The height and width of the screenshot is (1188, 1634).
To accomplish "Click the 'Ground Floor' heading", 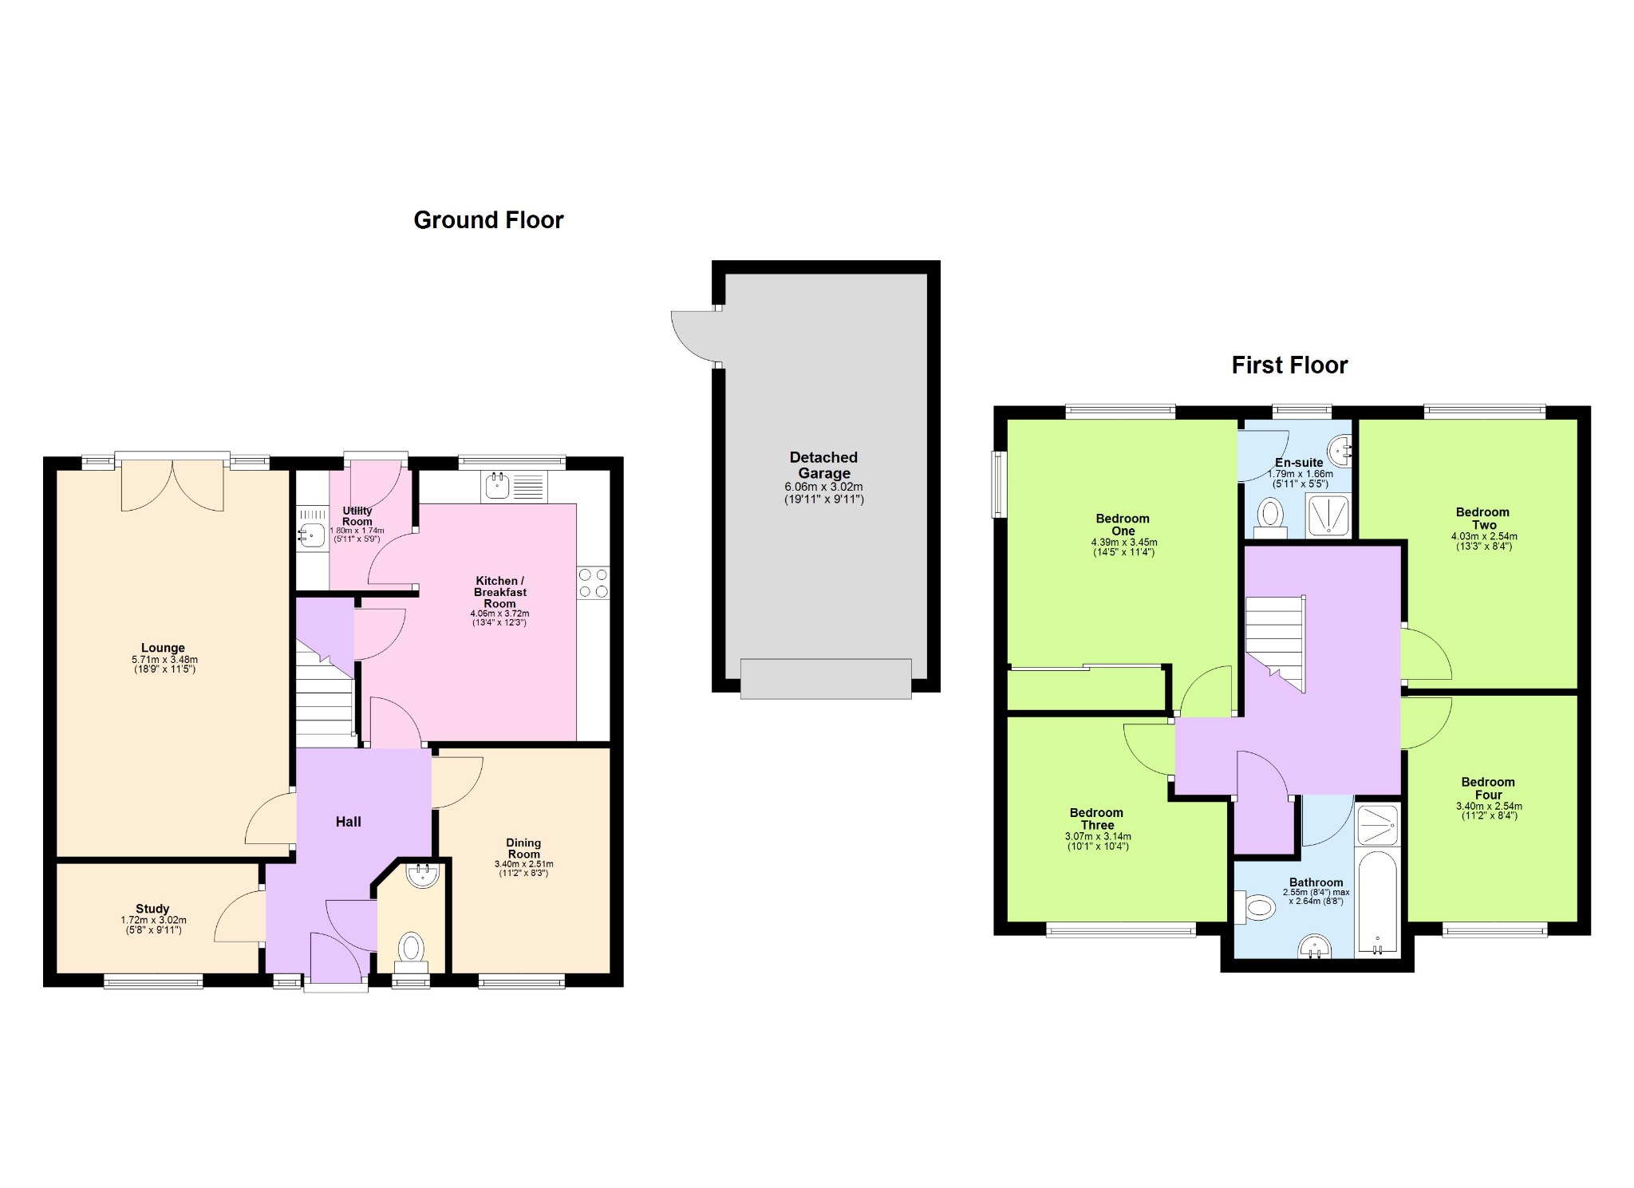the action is click(x=488, y=220).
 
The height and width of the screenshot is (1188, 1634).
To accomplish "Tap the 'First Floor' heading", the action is click(x=1289, y=365).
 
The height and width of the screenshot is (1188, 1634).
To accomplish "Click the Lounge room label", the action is click(x=164, y=648).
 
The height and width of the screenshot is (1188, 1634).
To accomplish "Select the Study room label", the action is click(x=152, y=909).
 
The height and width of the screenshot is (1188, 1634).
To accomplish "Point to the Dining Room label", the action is click(x=523, y=848).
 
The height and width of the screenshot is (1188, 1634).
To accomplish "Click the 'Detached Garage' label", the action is click(x=823, y=465).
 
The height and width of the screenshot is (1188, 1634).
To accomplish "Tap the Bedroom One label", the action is click(x=1123, y=525).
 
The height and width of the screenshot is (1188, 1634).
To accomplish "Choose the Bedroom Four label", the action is click(x=1488, y=788).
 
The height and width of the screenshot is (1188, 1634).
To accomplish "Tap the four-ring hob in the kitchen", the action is click(x=594, y=583).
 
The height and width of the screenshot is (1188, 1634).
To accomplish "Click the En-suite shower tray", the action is click(x=1328, y=515).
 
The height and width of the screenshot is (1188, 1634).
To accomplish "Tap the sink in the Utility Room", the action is click(x=312, y=535).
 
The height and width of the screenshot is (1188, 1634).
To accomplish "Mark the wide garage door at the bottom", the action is click(x=826, y=679).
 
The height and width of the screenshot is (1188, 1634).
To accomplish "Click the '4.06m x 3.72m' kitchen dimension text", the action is click(x=499, y=614).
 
